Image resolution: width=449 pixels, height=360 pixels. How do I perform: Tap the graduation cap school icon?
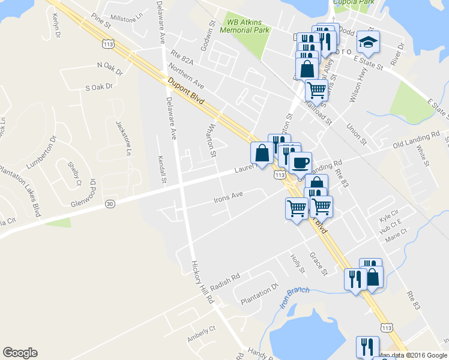pyautogui.click(x=368, y=42)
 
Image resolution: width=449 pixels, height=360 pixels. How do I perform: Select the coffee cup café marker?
pyautogui.click(x=300, y=162)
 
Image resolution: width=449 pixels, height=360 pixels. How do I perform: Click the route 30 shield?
pyautogui.click(x=109, y=204)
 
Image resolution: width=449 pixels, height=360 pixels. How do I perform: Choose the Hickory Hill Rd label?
pyautogui.click(x=202, y=281)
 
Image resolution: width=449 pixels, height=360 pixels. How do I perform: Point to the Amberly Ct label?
pyautogui.click(x=200, y=334)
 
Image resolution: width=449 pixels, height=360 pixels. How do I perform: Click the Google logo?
pyautogui.click(x=20, y=353)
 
